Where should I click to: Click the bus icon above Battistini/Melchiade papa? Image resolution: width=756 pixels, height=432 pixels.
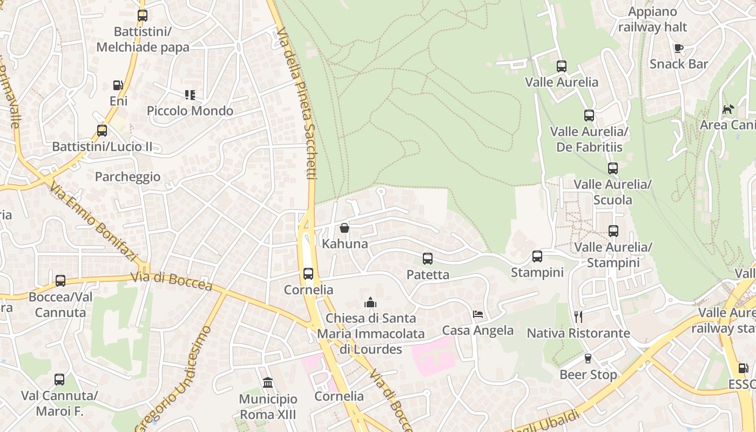click(143, 16)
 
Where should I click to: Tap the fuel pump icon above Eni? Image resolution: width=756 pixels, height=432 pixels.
click(118, 85)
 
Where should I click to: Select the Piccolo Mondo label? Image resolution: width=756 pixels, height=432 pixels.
click(190, 111)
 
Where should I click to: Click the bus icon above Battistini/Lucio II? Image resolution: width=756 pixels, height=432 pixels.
click(102, 130)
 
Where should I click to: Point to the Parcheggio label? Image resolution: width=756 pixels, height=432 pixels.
click(127, 177)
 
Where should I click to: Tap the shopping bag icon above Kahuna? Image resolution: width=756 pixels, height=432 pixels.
click(345, 228)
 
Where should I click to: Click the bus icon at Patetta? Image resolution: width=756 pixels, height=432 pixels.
click(428, 259)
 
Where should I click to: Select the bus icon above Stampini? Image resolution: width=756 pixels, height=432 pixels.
click(537, 256)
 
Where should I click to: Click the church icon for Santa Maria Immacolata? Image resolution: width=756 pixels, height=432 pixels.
click(370, 302)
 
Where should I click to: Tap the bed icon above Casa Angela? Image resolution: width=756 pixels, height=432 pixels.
click(478, 314)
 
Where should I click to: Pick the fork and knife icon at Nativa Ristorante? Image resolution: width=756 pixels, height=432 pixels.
click(578, 317)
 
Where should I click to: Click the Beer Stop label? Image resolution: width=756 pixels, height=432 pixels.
click(588, 374)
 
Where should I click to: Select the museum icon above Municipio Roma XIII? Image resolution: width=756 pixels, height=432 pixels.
click(268, 383)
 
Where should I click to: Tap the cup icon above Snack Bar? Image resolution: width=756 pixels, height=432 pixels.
click(679, 48)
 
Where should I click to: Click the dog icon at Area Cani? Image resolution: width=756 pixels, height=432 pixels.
click(728, 109)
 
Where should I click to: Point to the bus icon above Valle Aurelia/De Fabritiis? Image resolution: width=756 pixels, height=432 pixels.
click(589, 116)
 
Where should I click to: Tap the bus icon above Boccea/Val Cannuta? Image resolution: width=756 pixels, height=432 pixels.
click(60, 281)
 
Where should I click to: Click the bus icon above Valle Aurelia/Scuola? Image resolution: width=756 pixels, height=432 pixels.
click(613, 168)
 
